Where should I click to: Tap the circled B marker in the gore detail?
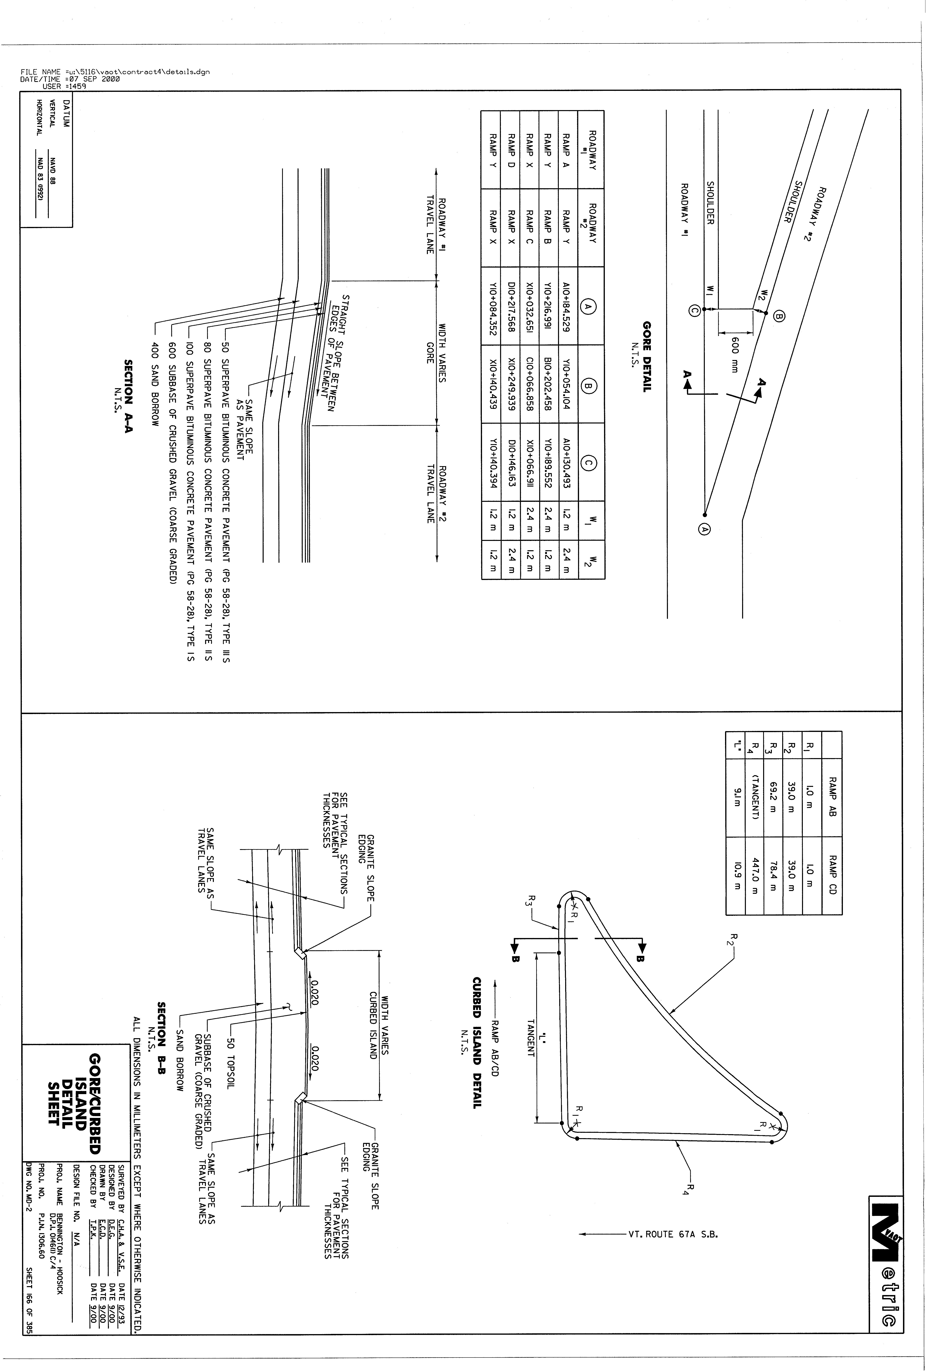(779, 317)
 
